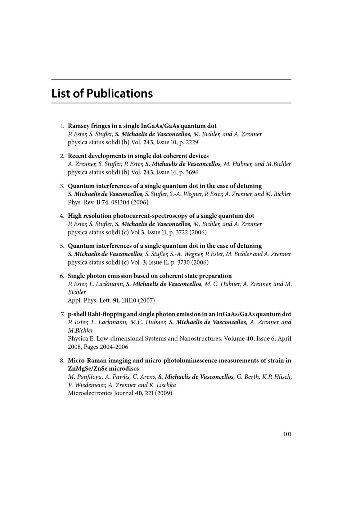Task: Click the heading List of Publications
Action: point(102,94)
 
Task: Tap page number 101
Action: point(287,434)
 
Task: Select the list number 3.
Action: point(62,186)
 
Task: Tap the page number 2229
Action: point(192,142)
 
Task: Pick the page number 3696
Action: point(192,172)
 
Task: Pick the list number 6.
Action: point(62,276)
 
